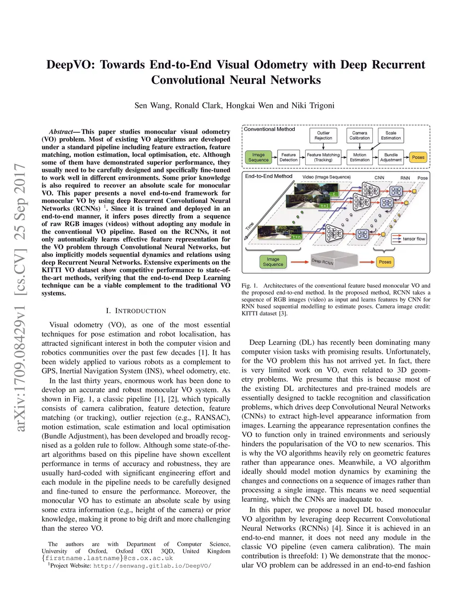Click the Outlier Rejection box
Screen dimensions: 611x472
[323, 136]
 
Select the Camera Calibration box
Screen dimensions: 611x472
[360, 136]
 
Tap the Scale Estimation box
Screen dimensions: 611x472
[391, 136]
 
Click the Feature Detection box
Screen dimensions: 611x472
[289, 158]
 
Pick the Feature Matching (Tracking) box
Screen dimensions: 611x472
[323, 158]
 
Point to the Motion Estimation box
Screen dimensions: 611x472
[360, 158]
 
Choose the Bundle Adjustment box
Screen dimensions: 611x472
[391, 158]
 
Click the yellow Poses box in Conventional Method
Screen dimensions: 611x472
[418, 158]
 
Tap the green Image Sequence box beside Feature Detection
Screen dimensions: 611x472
[258, 158]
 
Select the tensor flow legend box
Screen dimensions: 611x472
[409, 239]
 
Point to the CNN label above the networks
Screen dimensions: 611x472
[379, 178]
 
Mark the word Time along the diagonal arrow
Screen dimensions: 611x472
[250, 227]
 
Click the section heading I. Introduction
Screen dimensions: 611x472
[136, 311]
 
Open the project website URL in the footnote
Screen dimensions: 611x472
[152, 565]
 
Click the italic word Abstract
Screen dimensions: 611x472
[61, 132]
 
